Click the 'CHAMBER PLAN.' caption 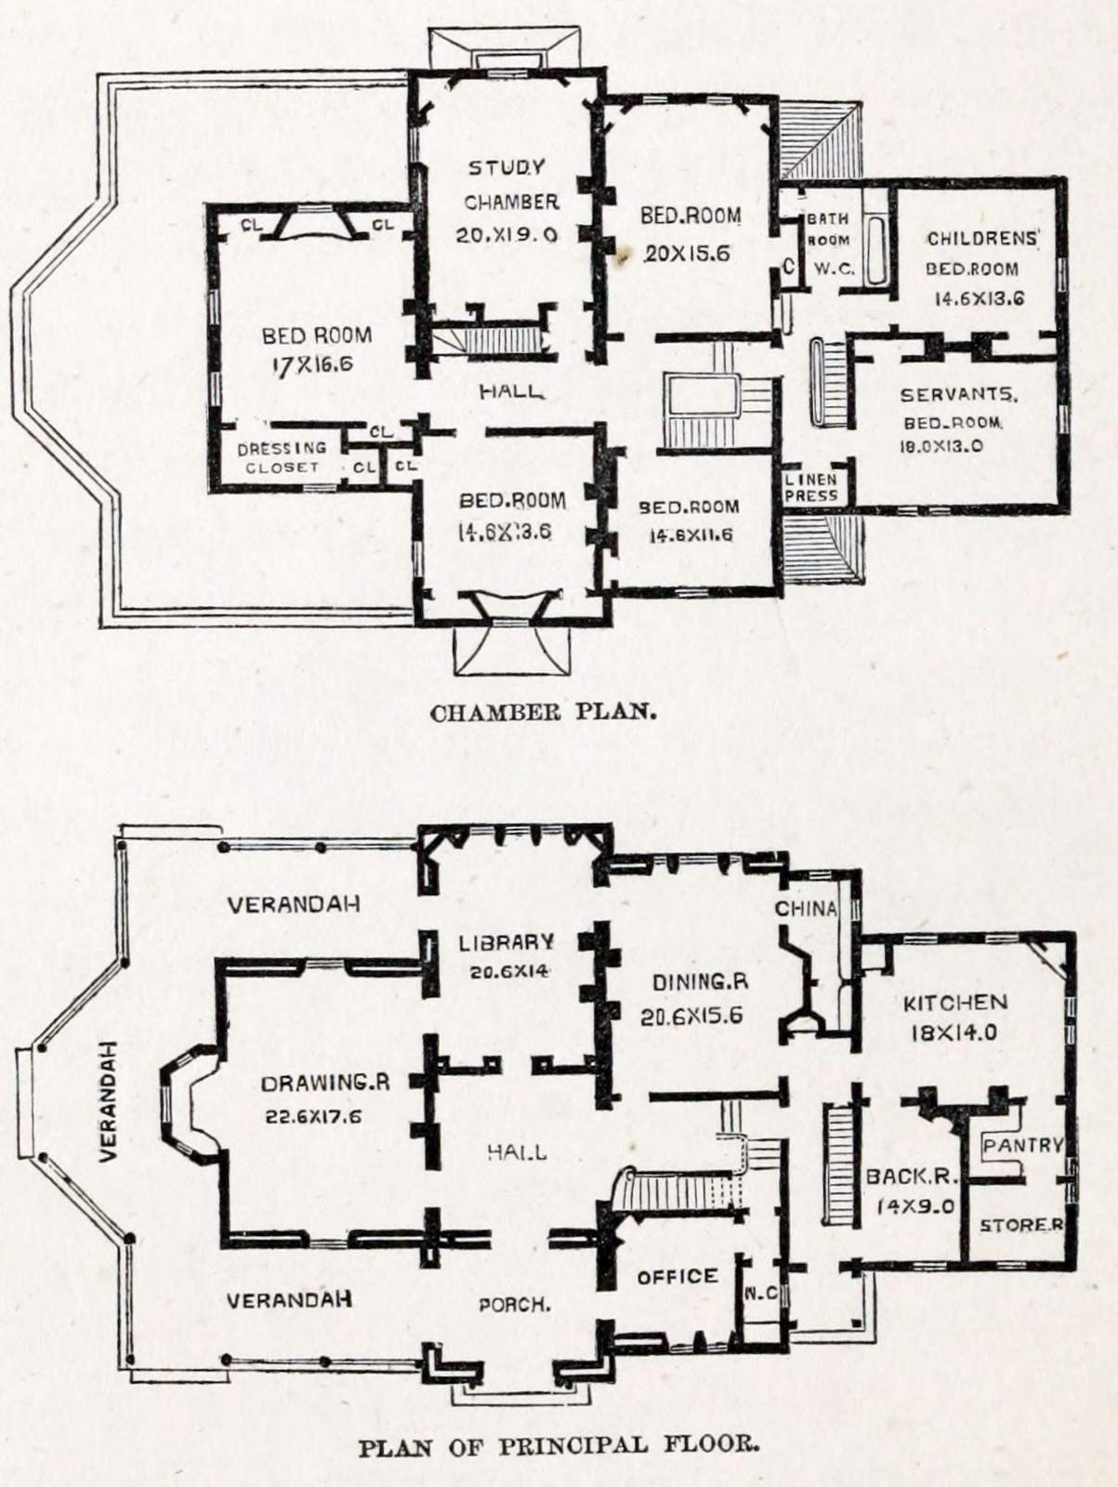click(544, 713)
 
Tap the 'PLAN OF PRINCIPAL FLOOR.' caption click(559, 1446)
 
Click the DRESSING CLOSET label click(282, 457)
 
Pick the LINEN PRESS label click(810, 488)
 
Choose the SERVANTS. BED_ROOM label click(958, 409)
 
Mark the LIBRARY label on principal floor click(506, 942)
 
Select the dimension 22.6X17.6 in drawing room click(313, 1116)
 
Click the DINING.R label click(700, 982)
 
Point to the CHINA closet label click(806, 908)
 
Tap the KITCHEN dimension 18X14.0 click(954, 1032)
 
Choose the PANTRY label click(1022, 1145)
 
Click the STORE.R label click(1020, 1226)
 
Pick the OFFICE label click(677, 1277)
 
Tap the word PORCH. click(514, 1305)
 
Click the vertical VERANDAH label click(108, 1099)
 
